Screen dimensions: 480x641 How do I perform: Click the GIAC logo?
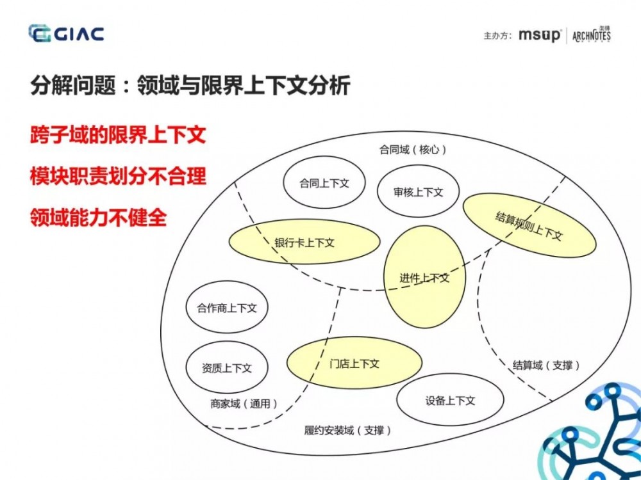[67, 33]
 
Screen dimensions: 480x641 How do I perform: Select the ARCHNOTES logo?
[591, 35]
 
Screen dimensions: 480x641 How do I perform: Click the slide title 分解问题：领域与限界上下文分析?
[190, 86]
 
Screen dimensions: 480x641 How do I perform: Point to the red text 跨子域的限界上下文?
[118, 136]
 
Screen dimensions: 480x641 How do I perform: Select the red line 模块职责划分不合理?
[118, 176]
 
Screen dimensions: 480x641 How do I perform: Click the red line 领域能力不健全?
[98, 217]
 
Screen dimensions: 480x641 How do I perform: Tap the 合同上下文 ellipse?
[324, 183]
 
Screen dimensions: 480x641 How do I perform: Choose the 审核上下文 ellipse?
[419, 191]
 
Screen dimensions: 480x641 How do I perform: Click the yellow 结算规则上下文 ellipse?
[529, 226]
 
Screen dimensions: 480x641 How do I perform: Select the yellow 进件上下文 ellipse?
[424, 278]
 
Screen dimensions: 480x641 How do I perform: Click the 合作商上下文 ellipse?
[226, 308]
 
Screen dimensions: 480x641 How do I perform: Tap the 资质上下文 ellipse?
[226, 368]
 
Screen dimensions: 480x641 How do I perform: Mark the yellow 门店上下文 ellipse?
[354, 363]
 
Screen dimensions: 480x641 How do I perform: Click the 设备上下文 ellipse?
[450, 401]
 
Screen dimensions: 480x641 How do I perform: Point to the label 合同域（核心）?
[413, 150]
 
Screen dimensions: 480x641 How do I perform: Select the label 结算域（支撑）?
[546, 365]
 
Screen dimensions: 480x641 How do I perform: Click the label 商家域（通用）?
[244, 403]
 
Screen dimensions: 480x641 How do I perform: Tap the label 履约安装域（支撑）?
[347, 430]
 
